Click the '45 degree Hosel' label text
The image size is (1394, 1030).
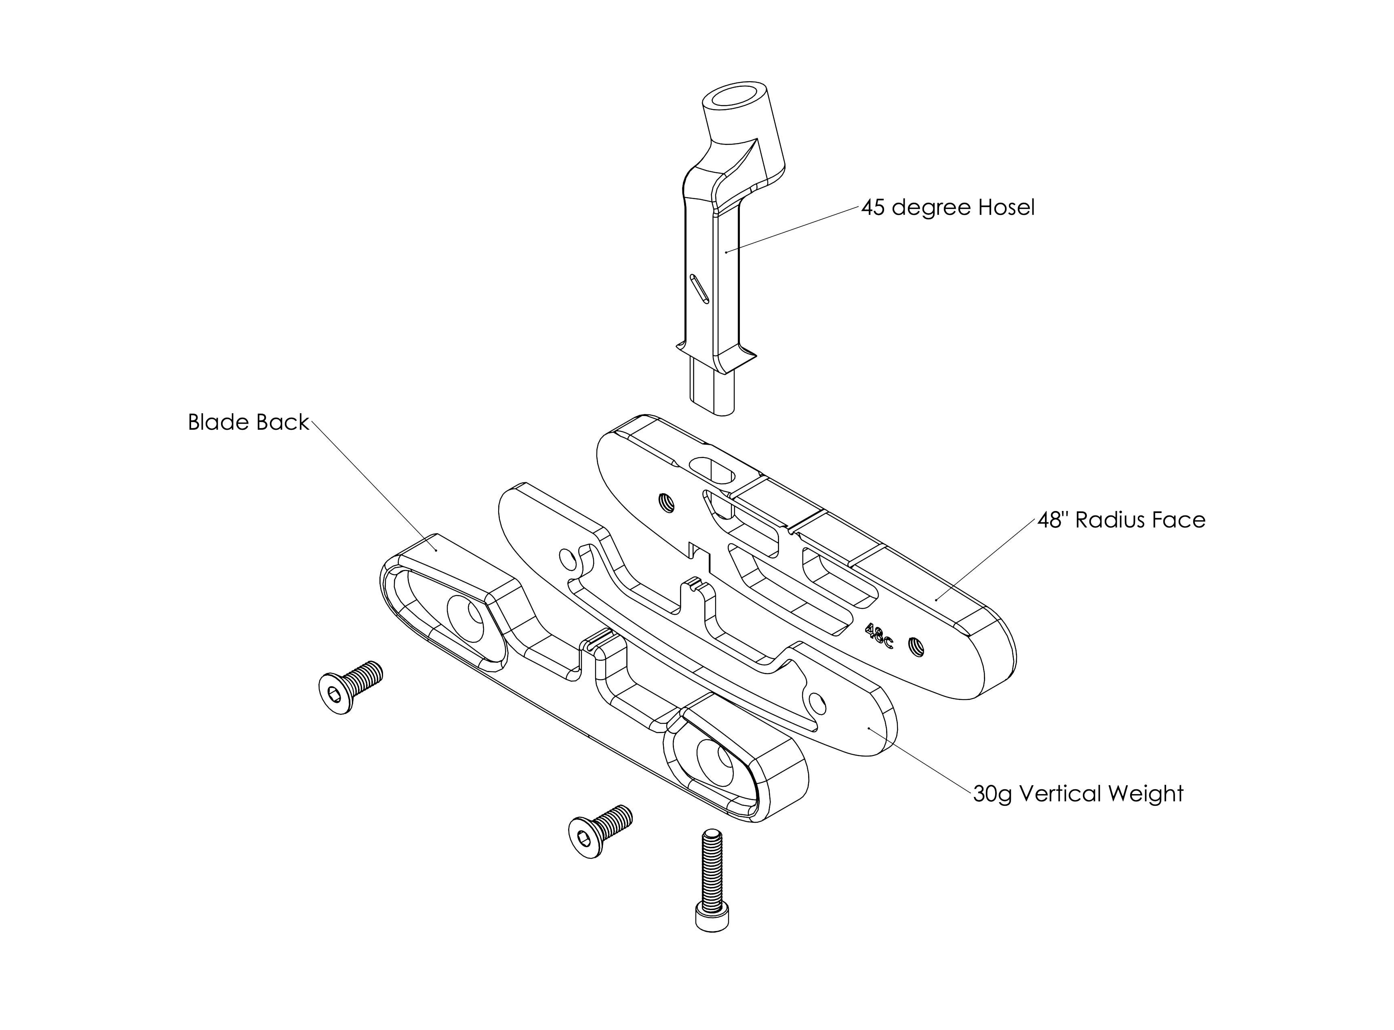tap(948, 208)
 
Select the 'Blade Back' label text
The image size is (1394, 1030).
tap(248, 423)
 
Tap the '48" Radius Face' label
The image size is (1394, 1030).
tap(1121, 520)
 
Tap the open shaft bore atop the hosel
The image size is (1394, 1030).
tap(734, 98)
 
